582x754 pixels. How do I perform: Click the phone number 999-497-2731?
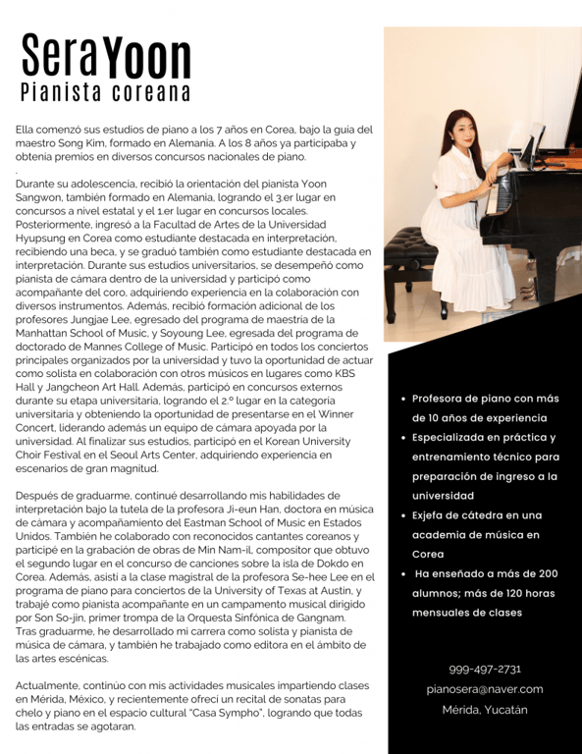(x=485, y=669)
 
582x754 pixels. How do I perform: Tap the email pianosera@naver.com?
(x=485, y=689)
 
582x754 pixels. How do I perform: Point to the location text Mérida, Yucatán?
(x=485, y=710)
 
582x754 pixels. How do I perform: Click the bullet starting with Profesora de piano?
(x=485, y=407)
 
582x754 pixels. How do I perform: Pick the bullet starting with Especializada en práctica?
(x=485, y=465)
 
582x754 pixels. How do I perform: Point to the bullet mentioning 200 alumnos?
(x=485, y=592)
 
